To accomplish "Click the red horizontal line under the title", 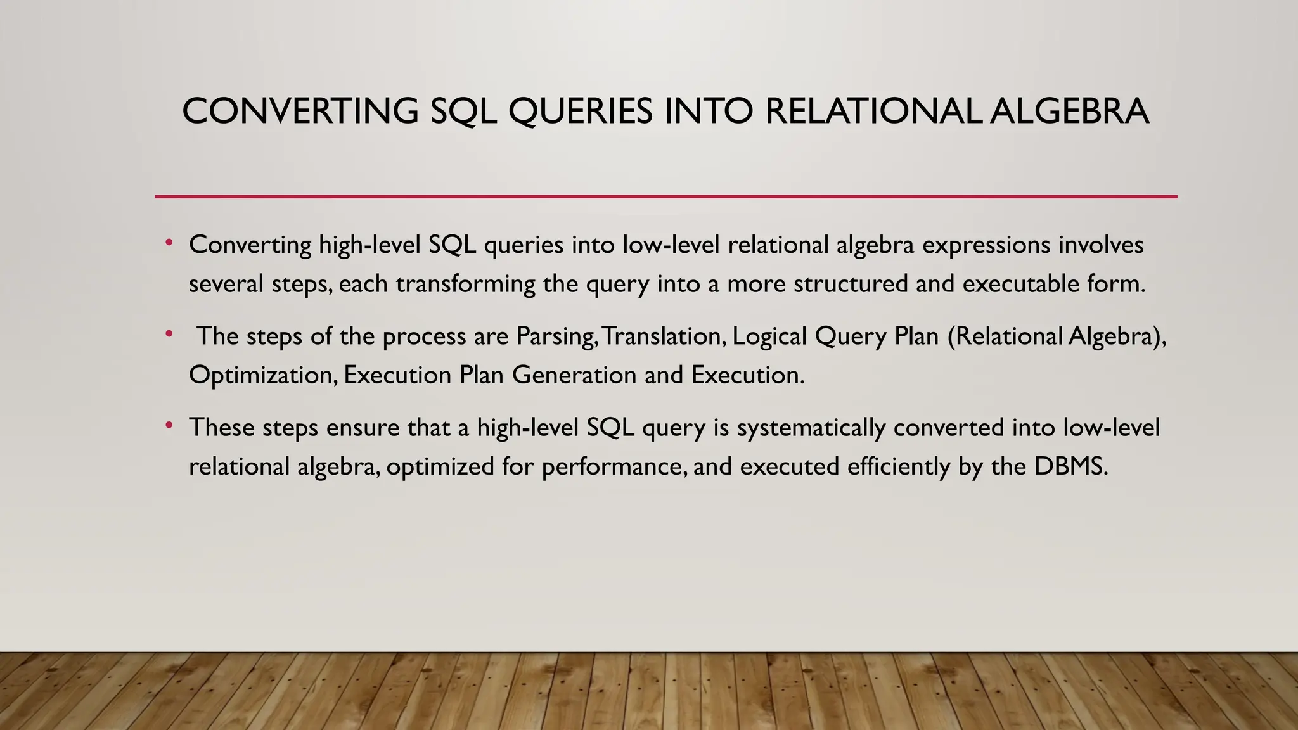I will (x=665, y=196).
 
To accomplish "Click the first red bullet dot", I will (x=169, y=243).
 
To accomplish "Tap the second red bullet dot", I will (x=169, y=334).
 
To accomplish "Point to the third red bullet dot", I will (x=169, y=426).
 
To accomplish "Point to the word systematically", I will (x=811, y=428).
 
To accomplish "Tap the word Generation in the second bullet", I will (x=574, y=375).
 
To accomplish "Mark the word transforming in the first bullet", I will (x=466, y=284).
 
